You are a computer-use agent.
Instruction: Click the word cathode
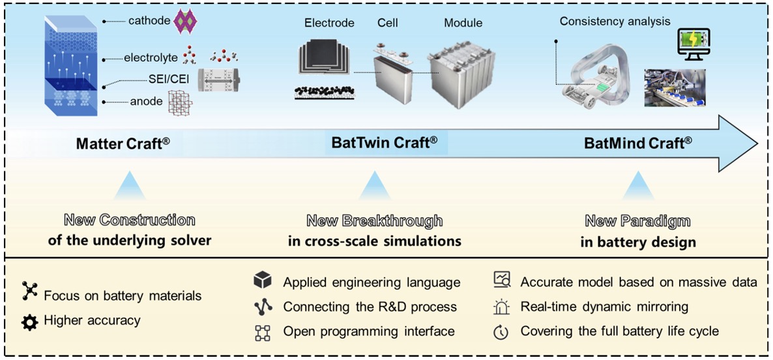147,21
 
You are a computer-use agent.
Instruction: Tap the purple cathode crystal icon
183,22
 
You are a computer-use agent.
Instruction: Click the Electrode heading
329,23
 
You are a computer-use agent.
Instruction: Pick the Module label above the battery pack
463,23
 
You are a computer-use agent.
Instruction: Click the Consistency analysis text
615,22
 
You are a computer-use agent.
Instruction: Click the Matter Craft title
124,143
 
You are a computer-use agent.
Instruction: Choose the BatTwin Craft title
385,143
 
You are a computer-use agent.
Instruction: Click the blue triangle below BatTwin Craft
374,186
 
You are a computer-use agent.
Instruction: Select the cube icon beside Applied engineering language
262,282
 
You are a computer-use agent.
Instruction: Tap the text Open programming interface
369,331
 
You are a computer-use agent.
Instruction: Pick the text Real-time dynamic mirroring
604,306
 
